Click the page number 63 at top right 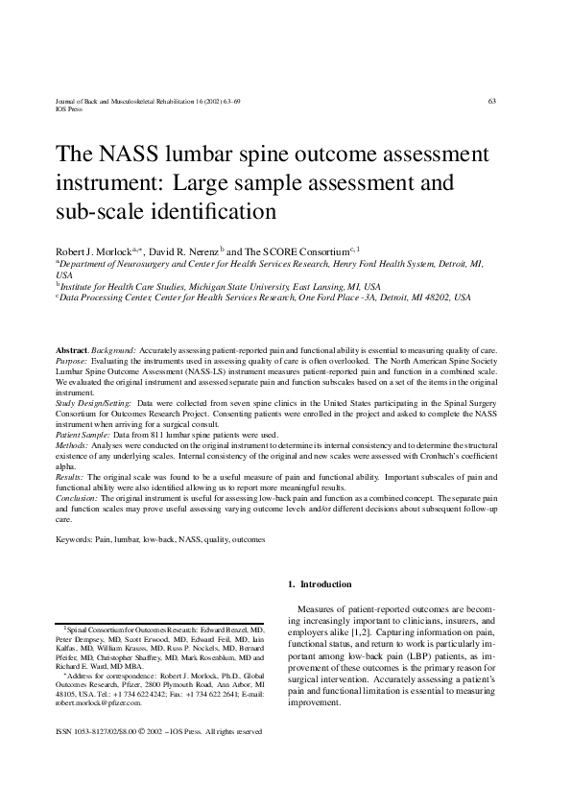coord(492,102)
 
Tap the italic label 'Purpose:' coord(73,364)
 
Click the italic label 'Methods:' coord(72,445)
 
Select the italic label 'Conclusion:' coord(77,498)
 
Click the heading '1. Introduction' coord(320,584)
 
